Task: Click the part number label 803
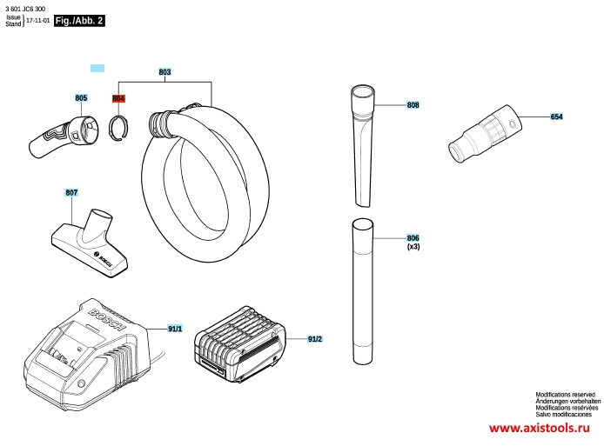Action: point(164,72)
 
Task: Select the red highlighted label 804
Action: point(118,99)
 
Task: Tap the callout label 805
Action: point(81,98)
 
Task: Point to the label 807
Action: point(71,192)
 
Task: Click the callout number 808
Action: point(413,105)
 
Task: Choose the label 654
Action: point(556,116)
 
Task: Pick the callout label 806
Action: point(413,238)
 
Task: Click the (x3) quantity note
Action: point(413,247)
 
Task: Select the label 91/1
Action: point(175,329)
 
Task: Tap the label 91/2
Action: point(315,339)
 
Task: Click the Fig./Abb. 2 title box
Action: point(79,21)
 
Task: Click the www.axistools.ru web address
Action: point(540,428)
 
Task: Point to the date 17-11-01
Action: point(37,21)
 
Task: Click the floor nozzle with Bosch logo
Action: point(90,243)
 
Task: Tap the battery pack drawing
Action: point(239,345)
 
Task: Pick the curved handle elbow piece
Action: point(64,136)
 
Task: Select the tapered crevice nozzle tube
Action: point(362,147)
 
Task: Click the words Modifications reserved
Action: point(565,395)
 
